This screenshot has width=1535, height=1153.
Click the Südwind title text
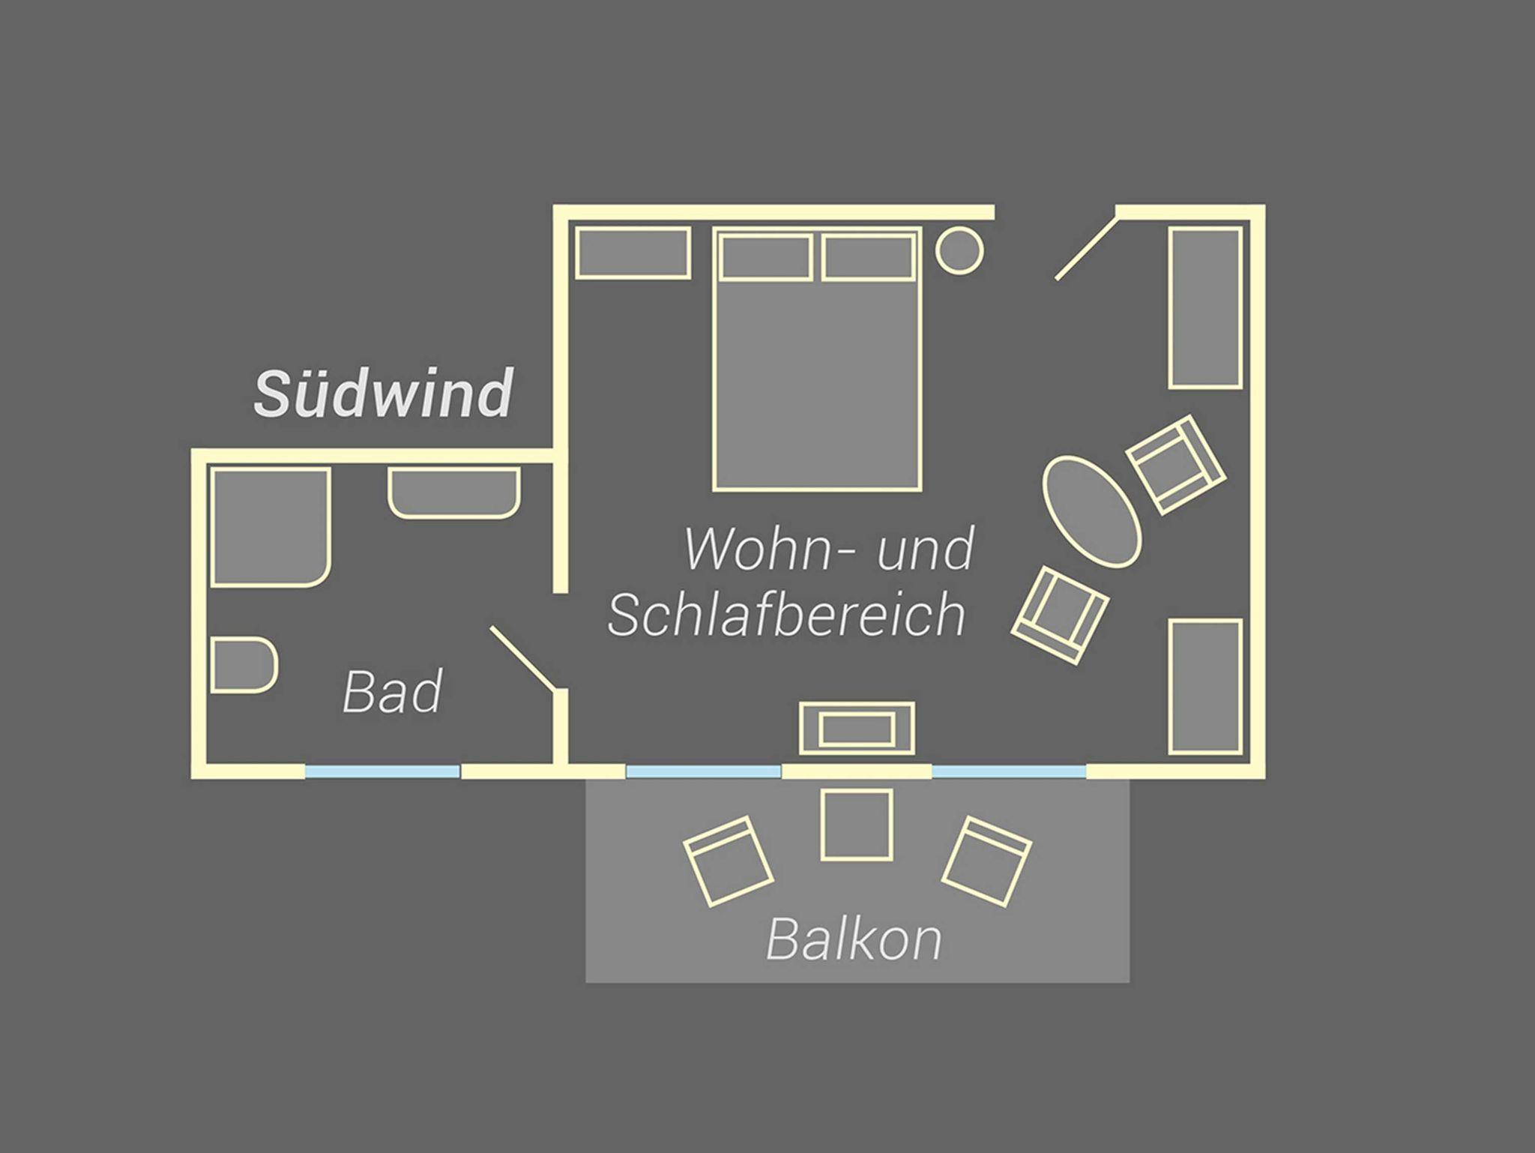click(x=383, y=393)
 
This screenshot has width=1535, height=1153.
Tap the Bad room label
click(x=392, y=691)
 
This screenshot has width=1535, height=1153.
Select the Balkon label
click(x=854, y=939)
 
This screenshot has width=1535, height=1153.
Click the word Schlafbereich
click(x=786, y=614)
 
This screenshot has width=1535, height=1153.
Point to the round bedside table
click(x=959, y=250)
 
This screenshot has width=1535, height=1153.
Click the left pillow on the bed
click(x=766, y=257)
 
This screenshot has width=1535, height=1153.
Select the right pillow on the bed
click(x=869, y=257)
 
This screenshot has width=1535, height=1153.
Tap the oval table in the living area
click(x=1092, y=511)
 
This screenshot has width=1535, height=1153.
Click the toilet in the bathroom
click(x=244, y=665)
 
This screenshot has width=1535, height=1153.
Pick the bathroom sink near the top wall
click(x=454, y=493)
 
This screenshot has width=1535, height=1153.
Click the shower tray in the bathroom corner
click(x=271, y=527)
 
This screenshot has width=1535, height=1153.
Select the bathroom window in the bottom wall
click(x=382, y=771)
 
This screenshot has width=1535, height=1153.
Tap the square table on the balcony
click(x=857, y=824)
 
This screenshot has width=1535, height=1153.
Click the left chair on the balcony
click(x=728, y=861)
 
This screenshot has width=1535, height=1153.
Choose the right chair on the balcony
click(x=986, y=862)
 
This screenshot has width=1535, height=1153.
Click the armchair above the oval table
click(x=1176, y=465)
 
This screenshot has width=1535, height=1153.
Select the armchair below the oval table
click(x=1060, y=615)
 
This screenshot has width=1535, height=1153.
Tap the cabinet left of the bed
click(x=633, y=253)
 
